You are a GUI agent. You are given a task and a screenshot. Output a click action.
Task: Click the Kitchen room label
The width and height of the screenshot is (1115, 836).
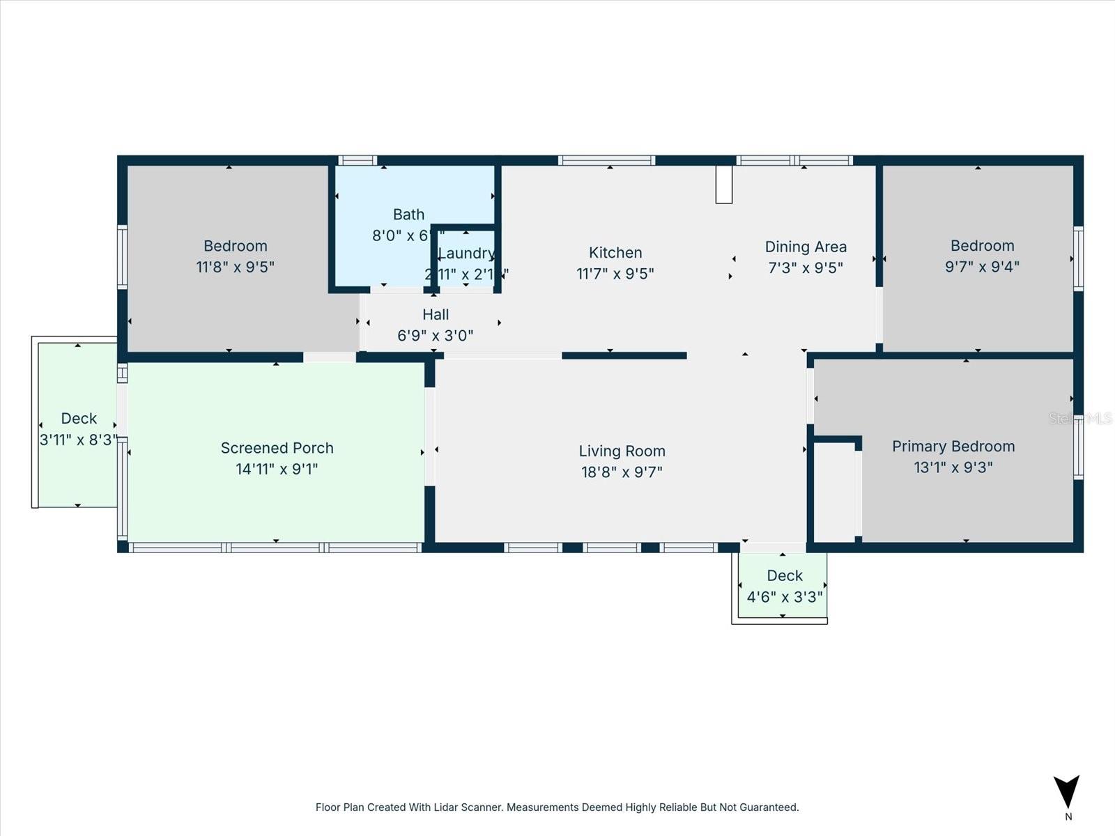[615, 253]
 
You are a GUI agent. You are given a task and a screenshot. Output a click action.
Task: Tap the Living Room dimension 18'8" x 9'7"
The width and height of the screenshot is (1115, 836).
[622, 472]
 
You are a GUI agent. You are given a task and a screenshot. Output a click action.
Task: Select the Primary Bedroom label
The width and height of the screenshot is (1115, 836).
[953, 447]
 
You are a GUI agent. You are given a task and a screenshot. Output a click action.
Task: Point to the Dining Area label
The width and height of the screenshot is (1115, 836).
[806, 247]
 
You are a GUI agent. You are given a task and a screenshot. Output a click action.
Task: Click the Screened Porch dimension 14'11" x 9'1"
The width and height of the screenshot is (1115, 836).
[277, 470]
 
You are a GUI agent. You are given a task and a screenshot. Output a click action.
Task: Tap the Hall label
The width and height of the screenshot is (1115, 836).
[436, 315]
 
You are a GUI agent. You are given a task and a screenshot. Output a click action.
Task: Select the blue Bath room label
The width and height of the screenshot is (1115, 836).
[408, 215]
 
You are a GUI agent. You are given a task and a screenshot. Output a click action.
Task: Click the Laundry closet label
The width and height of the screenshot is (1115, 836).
[466, 254]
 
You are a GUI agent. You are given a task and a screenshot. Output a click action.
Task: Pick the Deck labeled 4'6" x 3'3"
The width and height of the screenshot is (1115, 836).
[785, 585]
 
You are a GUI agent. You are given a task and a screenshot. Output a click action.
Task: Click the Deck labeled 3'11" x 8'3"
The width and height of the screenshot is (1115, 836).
[78, 428]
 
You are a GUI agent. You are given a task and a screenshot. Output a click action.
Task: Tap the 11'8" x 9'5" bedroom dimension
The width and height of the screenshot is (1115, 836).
[235, 267]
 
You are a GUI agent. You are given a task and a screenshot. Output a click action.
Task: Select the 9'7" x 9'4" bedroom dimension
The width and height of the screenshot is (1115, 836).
[982, 267]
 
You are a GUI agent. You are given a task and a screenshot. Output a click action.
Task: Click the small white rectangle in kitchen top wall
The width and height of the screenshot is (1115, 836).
[724, 185]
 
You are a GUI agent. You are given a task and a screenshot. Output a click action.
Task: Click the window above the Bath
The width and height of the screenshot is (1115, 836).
[357, 161]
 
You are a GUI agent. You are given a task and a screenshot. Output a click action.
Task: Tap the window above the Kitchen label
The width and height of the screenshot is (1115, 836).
[606, 161]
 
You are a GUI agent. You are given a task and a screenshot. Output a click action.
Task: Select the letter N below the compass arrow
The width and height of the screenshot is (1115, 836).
[1068, 817]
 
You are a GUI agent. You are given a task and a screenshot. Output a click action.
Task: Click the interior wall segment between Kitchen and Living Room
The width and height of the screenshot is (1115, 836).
[624, 356]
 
